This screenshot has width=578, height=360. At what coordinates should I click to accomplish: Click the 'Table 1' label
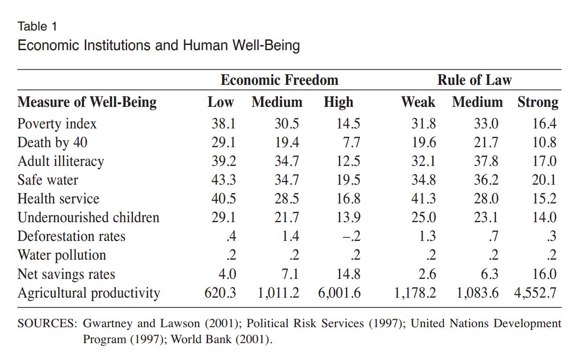click(x=37, y=26)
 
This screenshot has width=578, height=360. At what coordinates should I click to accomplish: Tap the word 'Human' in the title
click(x=205, y=45)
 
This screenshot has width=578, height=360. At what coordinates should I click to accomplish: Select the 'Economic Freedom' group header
click(x=279, y=80)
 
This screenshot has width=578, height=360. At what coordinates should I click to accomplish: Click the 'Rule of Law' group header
click(x=474, y=80)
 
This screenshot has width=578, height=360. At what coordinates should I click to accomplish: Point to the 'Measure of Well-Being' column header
click(x=87, y=102)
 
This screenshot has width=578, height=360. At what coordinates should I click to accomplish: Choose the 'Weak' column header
click(x=418, y=102)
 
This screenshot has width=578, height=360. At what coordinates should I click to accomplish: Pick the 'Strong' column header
click(x=538, y=103)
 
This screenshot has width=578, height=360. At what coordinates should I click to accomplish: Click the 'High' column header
click(x=338, y=103)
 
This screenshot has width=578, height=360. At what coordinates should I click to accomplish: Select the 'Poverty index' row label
click(x=57, y=124)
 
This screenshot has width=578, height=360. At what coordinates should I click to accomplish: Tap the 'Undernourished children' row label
click(x=89, y=217)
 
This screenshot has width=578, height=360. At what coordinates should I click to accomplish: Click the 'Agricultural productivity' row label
click(x=89, y=293)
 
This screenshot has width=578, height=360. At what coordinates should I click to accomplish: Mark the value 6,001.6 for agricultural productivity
click(x=339, y=293)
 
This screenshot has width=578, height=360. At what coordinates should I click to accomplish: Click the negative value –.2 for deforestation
click(x=352, y=236)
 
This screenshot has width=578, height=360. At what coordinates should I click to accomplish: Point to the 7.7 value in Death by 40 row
click(x=352, y=142)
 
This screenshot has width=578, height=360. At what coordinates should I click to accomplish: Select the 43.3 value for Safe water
click(x=224, y=180)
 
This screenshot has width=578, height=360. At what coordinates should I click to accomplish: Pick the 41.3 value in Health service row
click(x=423, y=199)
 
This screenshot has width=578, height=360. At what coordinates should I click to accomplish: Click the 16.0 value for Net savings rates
click(x=544, y=274)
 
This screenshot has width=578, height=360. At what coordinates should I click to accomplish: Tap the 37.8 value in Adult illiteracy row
click(x=486, y=161)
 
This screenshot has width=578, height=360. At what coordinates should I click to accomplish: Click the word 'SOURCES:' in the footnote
click(x=47, y=323)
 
